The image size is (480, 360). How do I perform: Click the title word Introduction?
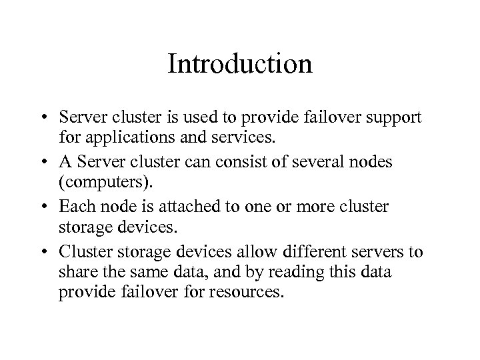click(240, 64)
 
